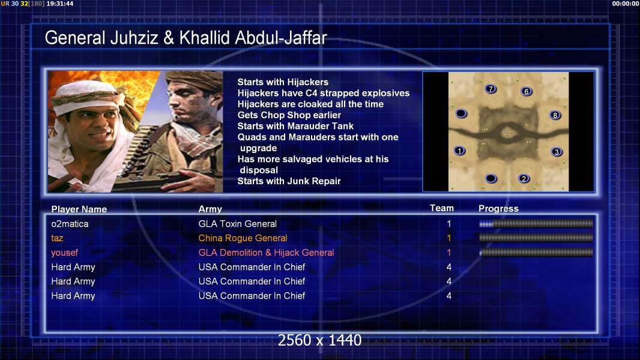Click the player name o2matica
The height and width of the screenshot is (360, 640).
pos(70,224)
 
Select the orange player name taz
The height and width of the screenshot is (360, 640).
pos(57,238)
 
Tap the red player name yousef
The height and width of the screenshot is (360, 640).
pos(64,253)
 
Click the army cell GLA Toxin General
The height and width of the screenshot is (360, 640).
pos(238,224)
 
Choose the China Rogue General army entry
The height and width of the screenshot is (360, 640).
pos(243,238)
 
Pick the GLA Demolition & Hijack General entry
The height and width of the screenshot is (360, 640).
pos(266,253)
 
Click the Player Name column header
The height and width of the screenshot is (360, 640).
pos(79,209)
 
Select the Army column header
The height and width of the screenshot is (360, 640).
pos(210,209)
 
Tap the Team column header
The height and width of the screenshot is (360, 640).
pos(442,208)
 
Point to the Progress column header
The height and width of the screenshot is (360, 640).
pos(498,209)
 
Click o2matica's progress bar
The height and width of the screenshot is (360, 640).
pos(536,224)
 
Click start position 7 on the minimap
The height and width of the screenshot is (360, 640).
pos(491,89)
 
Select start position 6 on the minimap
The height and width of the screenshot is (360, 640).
pos(526,91)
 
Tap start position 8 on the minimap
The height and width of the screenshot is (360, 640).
pos(555,115)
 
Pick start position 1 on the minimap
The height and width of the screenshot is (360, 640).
pos(459,151)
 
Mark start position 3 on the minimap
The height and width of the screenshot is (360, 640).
pos(557,152)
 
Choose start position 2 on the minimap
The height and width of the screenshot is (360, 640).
pos(524,179)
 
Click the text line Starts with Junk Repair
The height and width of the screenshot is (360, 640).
pos(289,181)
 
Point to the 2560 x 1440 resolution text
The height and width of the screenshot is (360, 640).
pos(319,340)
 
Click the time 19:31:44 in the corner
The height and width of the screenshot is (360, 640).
pos(60,4)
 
